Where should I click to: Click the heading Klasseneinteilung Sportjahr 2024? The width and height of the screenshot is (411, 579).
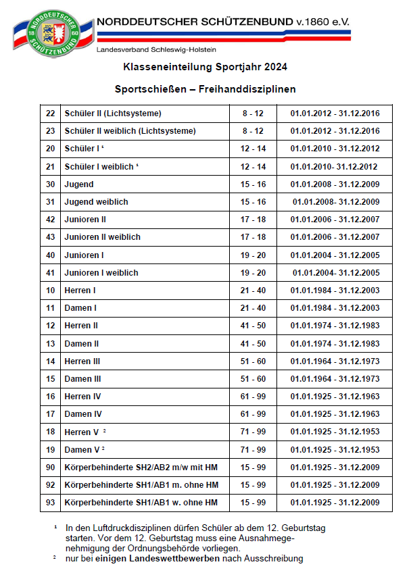click(205, 67)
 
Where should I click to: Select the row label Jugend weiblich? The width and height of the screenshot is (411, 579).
click(96, 202)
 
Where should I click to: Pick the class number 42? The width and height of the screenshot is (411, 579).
click(50, 220)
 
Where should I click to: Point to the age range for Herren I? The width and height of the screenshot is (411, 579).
click(253, 291)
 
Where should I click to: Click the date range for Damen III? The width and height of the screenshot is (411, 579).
click(335, 379)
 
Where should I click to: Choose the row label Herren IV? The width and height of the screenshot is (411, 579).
click(83, 397)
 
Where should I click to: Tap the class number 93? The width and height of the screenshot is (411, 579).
click(50, 503)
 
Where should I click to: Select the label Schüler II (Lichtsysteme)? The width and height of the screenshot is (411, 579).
click(113, 114)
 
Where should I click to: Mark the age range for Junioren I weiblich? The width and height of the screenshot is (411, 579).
click(253, 273)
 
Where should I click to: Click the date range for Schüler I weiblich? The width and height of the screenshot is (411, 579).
click(334, 167)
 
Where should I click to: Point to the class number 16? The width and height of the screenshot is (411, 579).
click(50, 397)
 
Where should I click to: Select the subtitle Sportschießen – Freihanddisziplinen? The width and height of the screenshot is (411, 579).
click(205, 89)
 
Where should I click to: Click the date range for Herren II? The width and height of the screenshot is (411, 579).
click(335, 326)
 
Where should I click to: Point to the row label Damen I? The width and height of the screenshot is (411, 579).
click(80, 308)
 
